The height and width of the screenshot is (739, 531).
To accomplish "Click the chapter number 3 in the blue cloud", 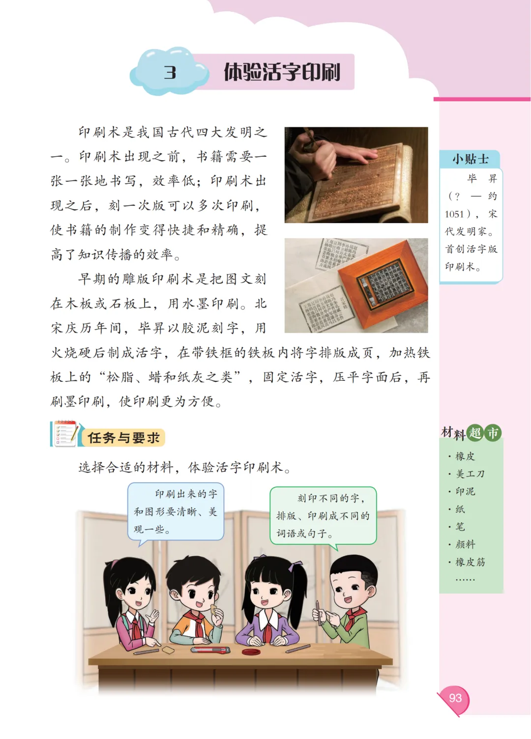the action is tap(170, 72).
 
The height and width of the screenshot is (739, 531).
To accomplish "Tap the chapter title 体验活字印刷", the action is tap(282, 72).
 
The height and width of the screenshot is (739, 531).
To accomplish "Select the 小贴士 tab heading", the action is tap(470, 159).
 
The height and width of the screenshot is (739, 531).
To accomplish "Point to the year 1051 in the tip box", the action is tap(454, 214).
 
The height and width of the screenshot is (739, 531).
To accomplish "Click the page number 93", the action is tap(455, 698).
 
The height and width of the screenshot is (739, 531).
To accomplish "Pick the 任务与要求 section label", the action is tap(123, 438).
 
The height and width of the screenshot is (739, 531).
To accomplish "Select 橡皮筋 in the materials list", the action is tap(470, 562).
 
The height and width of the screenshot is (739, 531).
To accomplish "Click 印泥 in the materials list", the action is tap(465, 491).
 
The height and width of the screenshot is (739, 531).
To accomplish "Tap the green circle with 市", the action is tap(493, 433).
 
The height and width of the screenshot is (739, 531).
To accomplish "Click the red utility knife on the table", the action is tap(210, 650).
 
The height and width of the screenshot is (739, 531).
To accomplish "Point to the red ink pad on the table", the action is tap(251, 652).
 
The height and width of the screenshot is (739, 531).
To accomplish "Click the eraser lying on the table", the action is tap(168, 650).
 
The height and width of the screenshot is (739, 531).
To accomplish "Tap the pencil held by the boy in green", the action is tap(319, 613).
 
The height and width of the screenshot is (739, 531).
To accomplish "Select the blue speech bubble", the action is tap(176, 512).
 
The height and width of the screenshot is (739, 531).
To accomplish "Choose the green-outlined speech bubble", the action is tap(323, 515).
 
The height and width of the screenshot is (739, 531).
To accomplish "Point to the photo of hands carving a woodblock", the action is tap(356, 175).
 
